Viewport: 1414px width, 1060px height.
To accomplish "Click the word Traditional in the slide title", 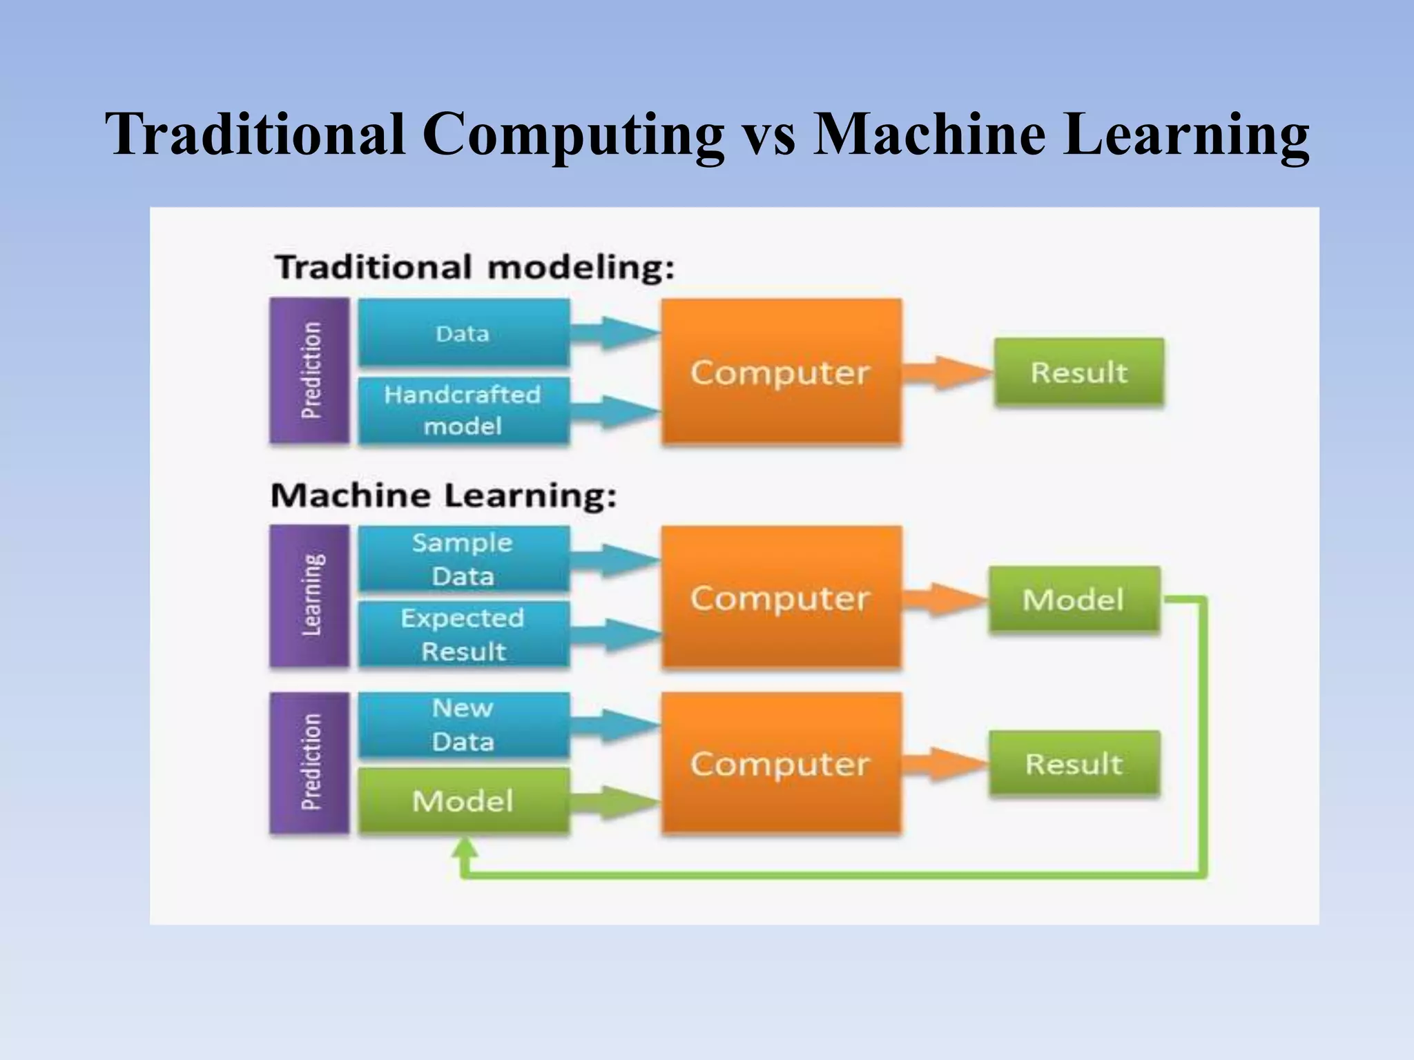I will click(255, 133).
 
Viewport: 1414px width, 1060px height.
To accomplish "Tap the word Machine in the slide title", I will click(929, 133).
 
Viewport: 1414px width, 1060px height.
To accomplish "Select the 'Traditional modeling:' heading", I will click(474, 267).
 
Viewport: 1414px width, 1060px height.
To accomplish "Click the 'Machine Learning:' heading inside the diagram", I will click(443, 495).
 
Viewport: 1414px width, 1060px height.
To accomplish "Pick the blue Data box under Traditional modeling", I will click(463, 333).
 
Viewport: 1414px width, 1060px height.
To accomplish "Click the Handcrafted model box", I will click(463, 410).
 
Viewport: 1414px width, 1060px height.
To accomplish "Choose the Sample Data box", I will click(463, 559).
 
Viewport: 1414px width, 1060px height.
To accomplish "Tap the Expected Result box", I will click(463, 634).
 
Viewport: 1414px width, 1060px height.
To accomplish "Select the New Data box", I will click(463, 725).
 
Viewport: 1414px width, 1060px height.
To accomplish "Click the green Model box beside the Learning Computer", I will click(1074, 599).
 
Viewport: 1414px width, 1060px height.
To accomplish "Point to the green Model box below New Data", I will click(463, 801).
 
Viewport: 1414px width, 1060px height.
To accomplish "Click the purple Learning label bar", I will click(309, 596).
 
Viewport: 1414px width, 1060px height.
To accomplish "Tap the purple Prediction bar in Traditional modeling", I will click(309, 370).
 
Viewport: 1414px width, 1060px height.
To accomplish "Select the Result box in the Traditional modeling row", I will click(1079, 371).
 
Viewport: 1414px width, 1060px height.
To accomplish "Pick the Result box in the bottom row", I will click(1074, 764).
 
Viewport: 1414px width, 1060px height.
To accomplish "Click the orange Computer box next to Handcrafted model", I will click(781, 371).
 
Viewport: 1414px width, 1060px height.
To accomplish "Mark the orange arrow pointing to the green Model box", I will click(945, 598).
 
